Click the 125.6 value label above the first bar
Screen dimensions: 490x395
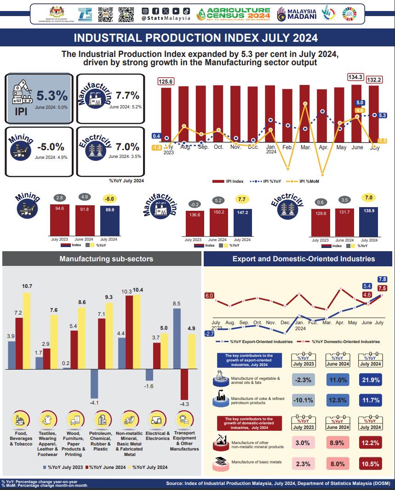[x=166, y=81]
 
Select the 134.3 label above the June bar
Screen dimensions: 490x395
[x=355, y=77]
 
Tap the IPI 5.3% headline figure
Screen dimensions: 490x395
[x=52, y=96]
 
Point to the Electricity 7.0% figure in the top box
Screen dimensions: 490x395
[x=128, y=147]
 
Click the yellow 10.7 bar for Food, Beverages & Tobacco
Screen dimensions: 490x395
[x=27, y=331]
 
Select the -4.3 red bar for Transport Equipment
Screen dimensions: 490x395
[x=185, y=384]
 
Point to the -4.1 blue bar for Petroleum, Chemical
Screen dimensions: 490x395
[x=95, y=383]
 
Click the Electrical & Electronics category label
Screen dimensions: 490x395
[x=157, y=436]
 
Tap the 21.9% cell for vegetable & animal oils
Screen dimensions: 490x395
[x=370, y=380]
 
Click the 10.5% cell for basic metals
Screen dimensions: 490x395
[x=370, y=464]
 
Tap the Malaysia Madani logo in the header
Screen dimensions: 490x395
[x=297, y=14]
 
